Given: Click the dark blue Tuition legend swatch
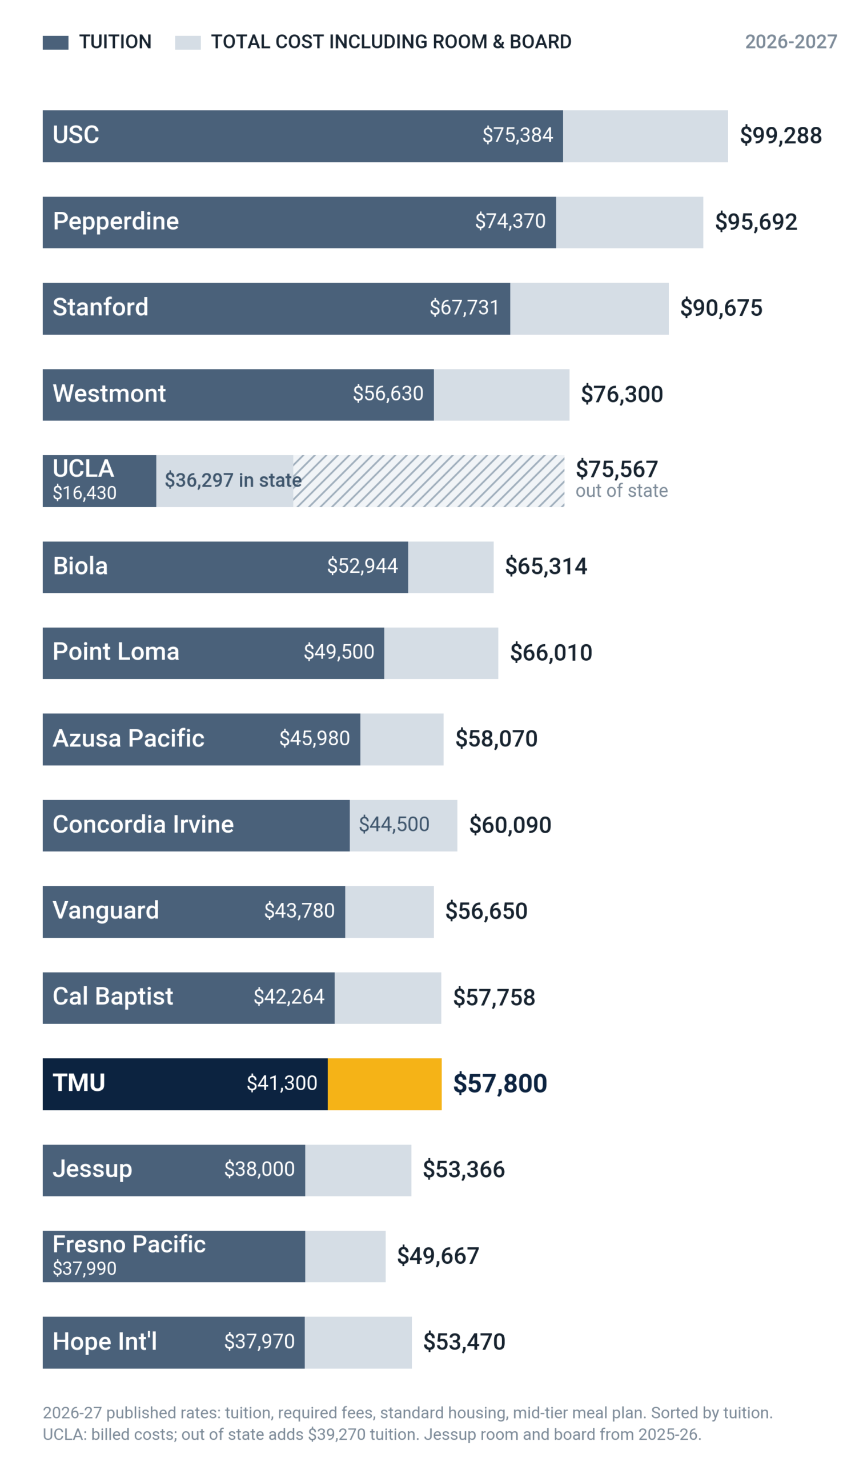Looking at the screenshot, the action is [x=55, y=42].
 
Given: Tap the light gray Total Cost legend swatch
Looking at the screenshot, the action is [x=188, y=42].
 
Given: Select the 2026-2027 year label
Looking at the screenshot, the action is [x=790, y=42].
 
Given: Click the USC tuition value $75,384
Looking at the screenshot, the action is [x=517, y=135].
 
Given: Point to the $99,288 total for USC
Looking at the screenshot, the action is [x=781, y=136].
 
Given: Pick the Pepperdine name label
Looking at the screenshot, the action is [x=116, y=221].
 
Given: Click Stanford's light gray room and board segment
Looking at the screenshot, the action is [x=589, y=308].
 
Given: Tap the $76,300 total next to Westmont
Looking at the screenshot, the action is [x=622, y=395].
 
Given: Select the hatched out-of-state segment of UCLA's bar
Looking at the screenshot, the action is [x=429, y=481].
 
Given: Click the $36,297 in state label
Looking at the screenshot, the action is [x=233, y=480].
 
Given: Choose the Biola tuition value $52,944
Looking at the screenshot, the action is [x=363, y=566].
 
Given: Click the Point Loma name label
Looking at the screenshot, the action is [x=116, y=652].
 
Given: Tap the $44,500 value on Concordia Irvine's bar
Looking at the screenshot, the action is [x=394, y=825].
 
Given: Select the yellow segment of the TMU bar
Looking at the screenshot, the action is [x=384, y=1085].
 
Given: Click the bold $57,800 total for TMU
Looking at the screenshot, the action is [x=500, y=1084].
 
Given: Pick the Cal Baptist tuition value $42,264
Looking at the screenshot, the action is [x=289, y=997].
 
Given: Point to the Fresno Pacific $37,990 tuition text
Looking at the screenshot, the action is [x=85, y=1269].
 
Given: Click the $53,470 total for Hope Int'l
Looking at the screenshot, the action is [x=464, y=1342].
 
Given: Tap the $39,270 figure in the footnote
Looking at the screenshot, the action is [x=335, y=1435].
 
